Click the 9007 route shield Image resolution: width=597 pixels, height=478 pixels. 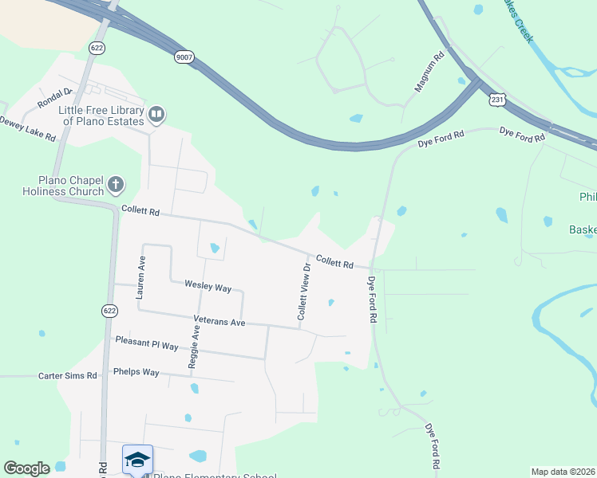tap(184, 57)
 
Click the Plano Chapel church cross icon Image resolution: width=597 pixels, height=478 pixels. tap(116, 186)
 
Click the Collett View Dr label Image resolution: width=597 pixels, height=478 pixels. tap(303, 292)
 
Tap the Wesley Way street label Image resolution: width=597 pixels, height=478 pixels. tap(208, 285)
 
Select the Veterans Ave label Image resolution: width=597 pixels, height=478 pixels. tap(219, 321)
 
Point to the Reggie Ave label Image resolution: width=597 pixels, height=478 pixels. tap(193, 347)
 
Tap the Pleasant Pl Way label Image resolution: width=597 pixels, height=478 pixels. tap(147, 343)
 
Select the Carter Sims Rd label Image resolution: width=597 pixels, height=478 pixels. tap(68, 375)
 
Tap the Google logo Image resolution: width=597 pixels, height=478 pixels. tap(26, 468)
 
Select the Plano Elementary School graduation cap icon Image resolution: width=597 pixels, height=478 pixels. tap(136, 459)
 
